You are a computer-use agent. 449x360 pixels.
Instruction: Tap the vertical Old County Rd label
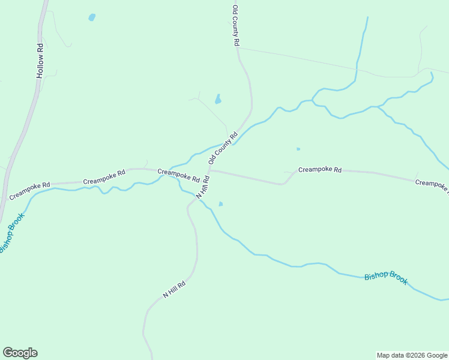pyautogui.click(x=236, y=26)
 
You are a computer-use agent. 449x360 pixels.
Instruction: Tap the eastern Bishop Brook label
pyautogui.click(x=386, y=277)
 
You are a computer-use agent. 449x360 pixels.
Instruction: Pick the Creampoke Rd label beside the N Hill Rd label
pyautogui.click(x=178, y=175)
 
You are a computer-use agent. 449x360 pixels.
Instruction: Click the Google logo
pyautogui.click(x=20, y=353)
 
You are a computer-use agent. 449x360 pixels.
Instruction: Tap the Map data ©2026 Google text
pyautogui.click(x=412, y=355)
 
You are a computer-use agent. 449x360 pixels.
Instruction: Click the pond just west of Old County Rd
pyautogui.click(x=218, y=99)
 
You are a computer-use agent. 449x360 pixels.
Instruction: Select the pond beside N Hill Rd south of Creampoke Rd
pyautogui.click(x=221, y=204)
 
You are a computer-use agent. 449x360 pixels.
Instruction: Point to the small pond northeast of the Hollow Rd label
pyautogui.click(x=92, y=17)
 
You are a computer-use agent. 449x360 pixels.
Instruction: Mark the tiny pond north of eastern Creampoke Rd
pyautogui.click(x=298, y=149)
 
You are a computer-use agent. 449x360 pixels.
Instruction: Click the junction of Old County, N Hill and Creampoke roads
pyautogui.click(x=209, y=170)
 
